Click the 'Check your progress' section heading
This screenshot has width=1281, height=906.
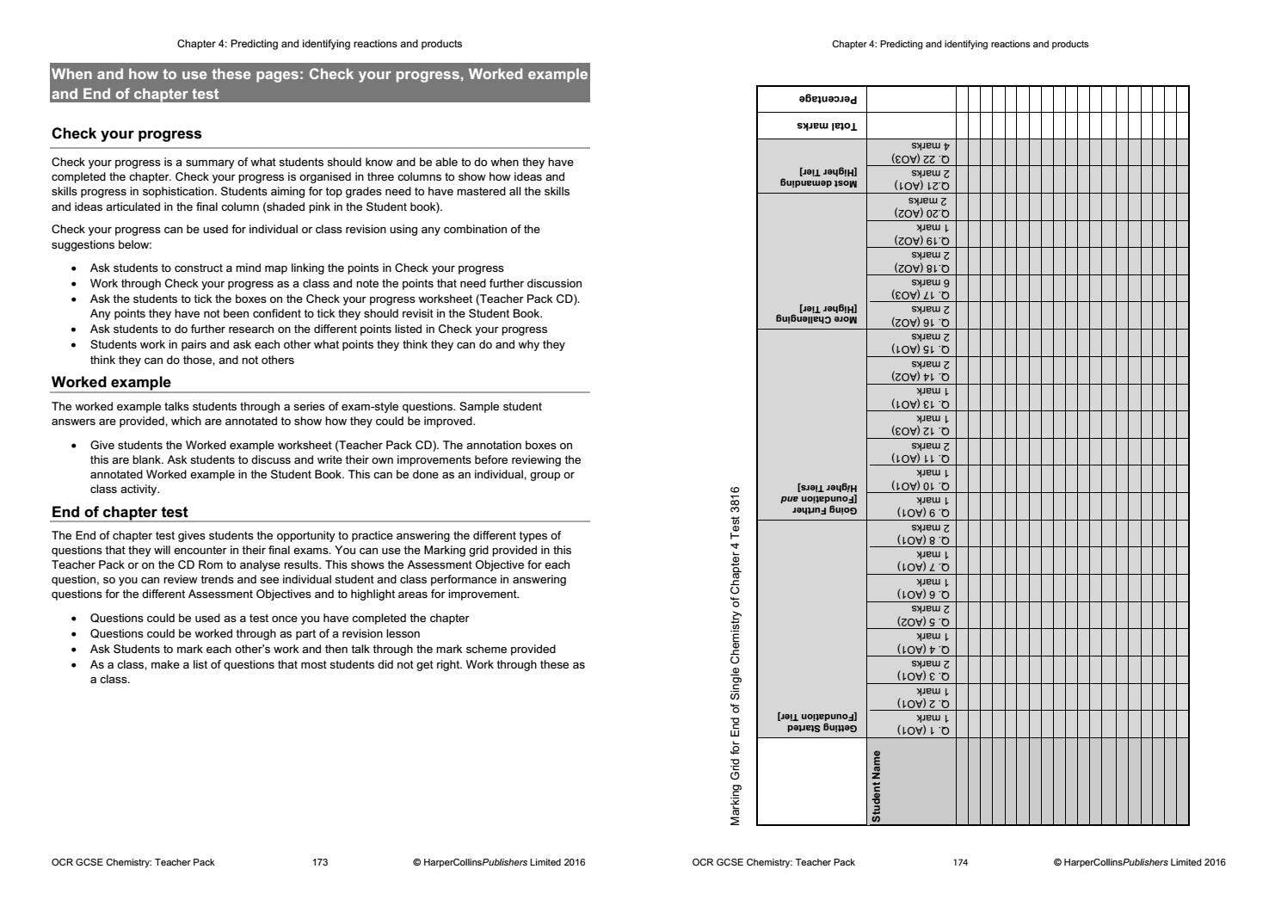pos(126,133)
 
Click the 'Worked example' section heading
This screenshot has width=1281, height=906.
pos(111,382)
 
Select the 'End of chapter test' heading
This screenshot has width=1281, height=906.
pos(120,512)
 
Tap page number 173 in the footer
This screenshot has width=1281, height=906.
pos(320,862)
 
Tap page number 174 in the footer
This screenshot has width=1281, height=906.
pos(960,862)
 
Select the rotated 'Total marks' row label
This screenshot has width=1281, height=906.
pos(827,126)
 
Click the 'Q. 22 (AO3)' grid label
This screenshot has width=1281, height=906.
pos(921,159)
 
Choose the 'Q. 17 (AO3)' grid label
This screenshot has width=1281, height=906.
pos(921,295)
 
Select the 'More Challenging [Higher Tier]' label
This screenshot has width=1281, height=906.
pos(816,313)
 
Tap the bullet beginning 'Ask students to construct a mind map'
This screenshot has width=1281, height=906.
pos(297,268)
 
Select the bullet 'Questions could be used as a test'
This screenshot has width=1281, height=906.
pos(280,618)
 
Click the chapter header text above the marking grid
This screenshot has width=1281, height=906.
pos(960,44)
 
